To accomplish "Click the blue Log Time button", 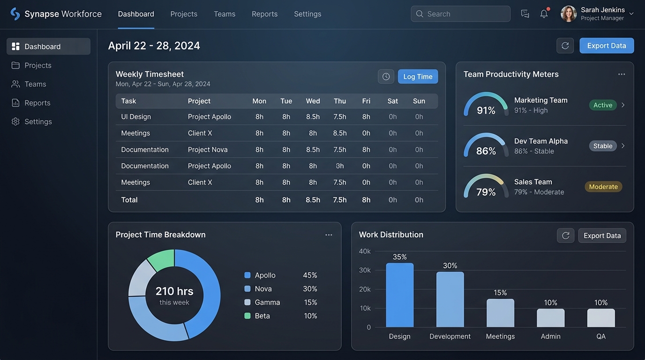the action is (x=418, y=76).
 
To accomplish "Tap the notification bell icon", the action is (x=544, y=14).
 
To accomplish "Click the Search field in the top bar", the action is (x=460, y=14).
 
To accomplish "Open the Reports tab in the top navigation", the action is (x=264, y=14).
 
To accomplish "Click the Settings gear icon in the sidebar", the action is (x=15, y=121).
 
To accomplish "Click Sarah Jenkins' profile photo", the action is (x=569, y=14).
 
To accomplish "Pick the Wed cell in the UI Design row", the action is (x=313, y=117).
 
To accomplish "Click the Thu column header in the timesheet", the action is (x=340, y=101).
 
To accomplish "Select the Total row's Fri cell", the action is (x=366, y=200).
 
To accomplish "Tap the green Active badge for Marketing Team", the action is (x=603, y=105).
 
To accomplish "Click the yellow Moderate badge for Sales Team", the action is (x=603, y=187).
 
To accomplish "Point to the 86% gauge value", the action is (x=486, y=151).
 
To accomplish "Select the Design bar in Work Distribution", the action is (x=400, y=295).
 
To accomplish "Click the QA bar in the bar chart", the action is (x=601, y=318).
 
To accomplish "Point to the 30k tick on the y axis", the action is (x=365, y=270).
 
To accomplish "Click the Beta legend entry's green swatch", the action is (x=247, y=315).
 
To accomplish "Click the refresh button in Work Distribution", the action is (x=565, y=236).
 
